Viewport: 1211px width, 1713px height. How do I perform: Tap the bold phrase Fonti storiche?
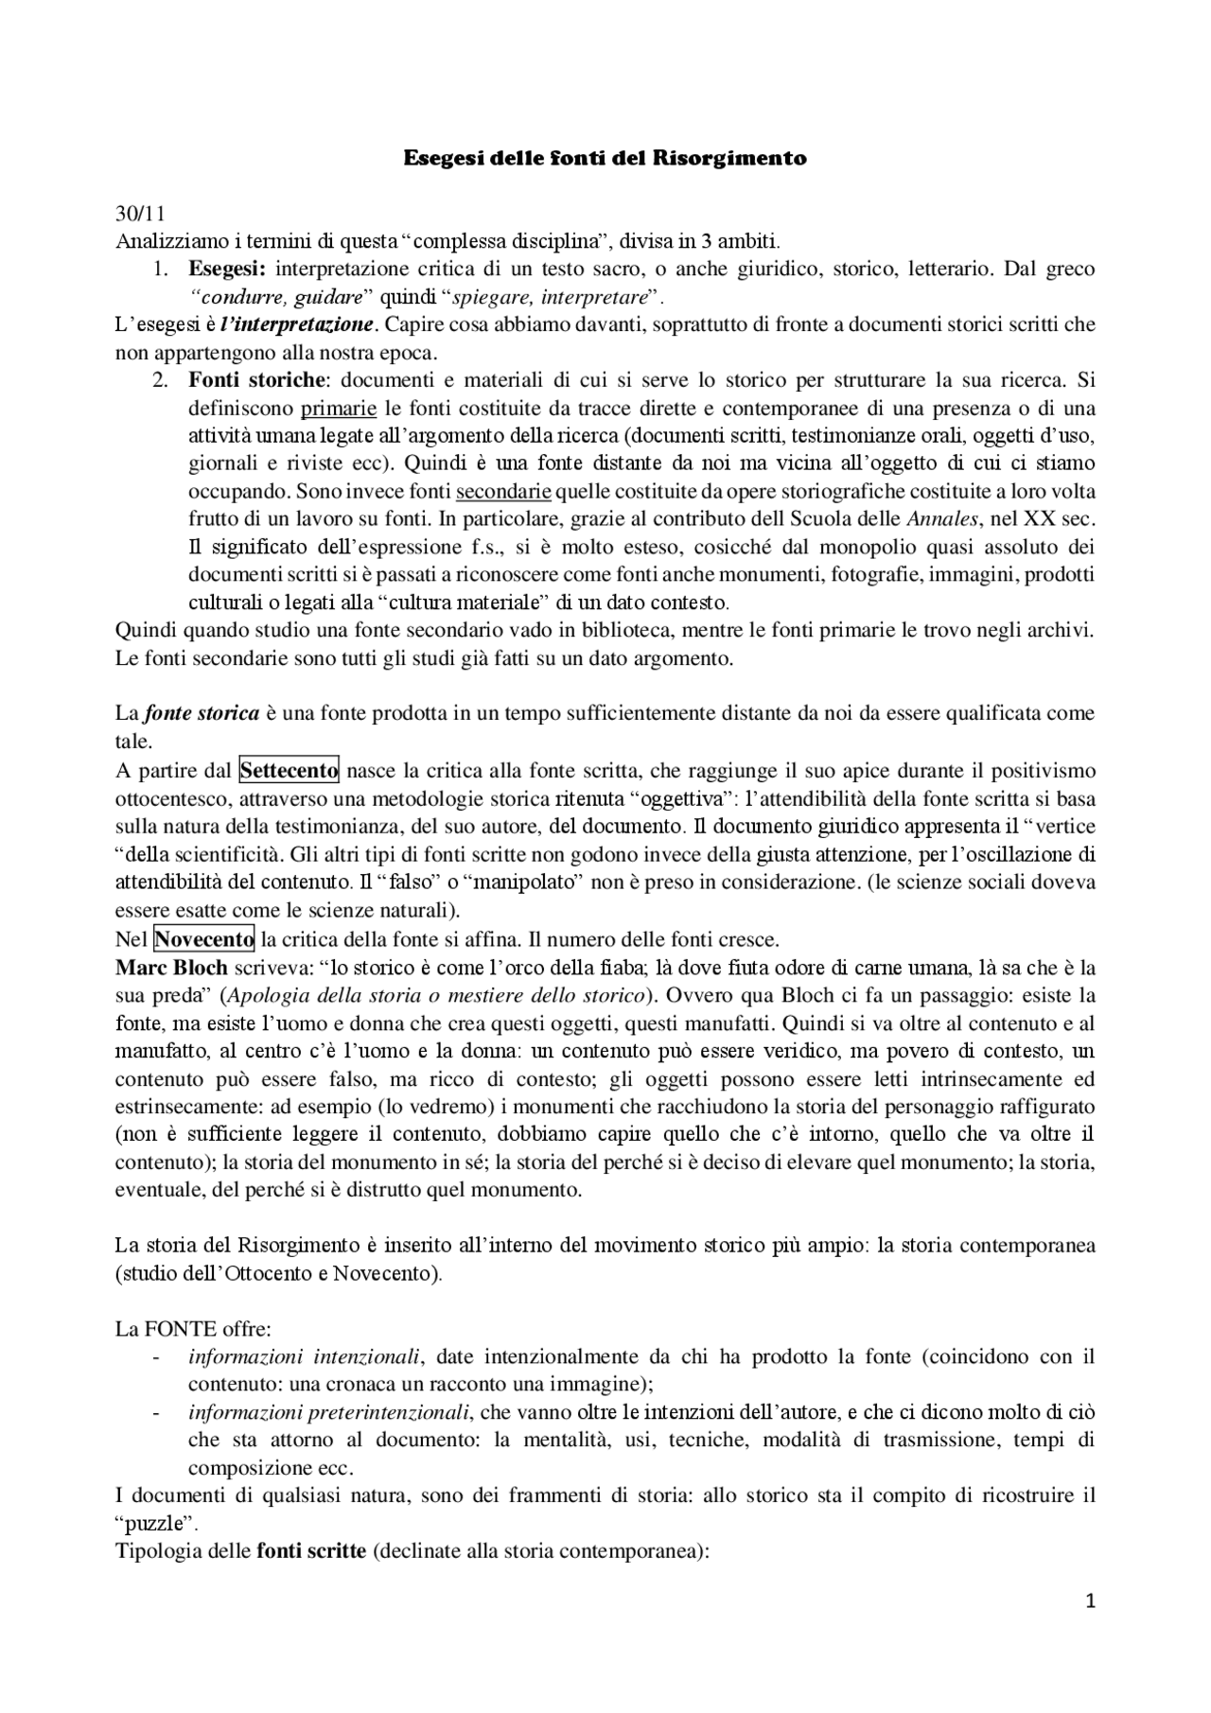(x=256, y=381)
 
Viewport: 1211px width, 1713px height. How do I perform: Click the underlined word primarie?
(x=338, y=410)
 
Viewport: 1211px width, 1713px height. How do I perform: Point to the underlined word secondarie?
(x=503, y=492)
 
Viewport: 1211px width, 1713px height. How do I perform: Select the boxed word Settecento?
(x=289, y=771)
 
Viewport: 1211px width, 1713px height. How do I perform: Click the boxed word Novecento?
(x=204, y=939)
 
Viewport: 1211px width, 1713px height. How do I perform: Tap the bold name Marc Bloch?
(x=171, y=968)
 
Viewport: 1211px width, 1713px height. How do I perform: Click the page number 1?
(x=1090, y=1601)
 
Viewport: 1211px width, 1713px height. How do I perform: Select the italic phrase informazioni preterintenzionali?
(x=328, y=1412)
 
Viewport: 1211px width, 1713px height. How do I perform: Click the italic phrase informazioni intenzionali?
(x=304, y=1357)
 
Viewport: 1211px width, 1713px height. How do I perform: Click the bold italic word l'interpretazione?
(x=297, y=325)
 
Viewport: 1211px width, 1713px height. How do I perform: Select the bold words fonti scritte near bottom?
(x=311, y=1552)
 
